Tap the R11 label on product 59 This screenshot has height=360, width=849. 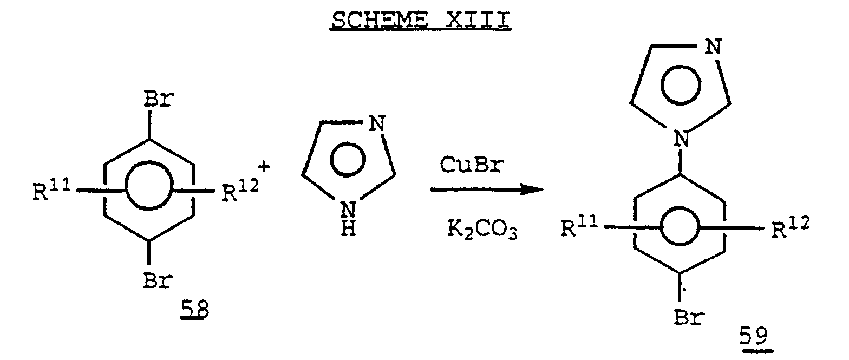click(x=579, y=228)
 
